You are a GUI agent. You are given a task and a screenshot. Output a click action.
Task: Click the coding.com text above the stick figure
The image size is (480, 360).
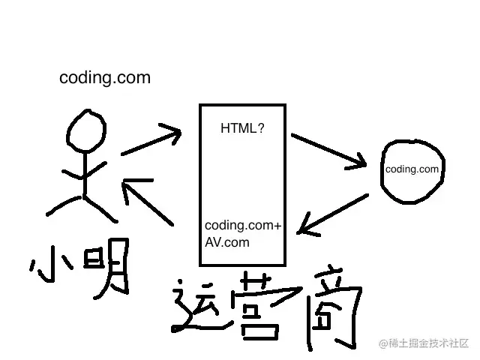point(105,77)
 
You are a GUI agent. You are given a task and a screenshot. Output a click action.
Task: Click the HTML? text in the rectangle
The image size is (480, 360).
point(241,128)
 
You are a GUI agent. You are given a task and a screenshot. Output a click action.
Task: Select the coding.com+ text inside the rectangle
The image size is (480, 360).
point(244,226)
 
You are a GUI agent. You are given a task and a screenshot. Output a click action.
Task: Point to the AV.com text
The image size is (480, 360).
point(227,242)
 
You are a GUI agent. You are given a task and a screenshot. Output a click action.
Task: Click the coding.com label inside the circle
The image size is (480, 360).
point(412,169)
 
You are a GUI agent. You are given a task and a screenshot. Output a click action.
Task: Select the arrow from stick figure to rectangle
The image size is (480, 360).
point(152,140)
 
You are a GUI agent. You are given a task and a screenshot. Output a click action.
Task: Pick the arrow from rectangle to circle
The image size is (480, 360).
point(329,150)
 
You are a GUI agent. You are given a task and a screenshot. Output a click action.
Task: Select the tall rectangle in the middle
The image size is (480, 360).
point(241,184)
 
